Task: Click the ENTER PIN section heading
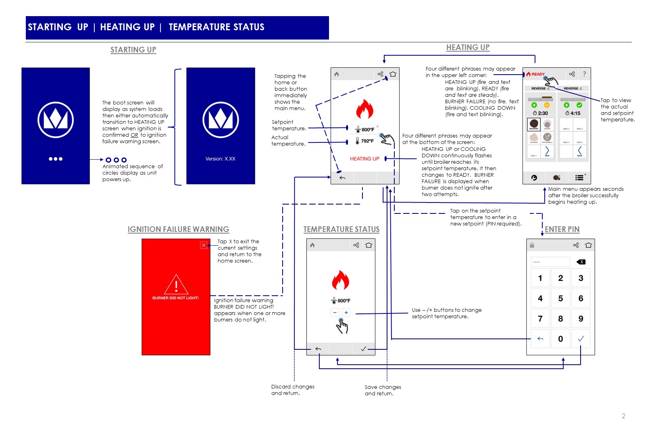click(x=562, y=230)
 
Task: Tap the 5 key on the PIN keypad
click(x=560, y=299)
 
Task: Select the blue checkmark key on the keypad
click(x=581, y=339)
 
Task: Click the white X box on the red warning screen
click(x=204, y=245)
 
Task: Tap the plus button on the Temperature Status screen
click(x=346, y=313)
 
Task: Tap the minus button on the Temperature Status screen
click(x=335, y=313)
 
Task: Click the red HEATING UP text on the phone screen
click(x=364, y=159)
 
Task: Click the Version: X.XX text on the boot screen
click(x=220, y=159)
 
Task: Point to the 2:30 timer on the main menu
click(x=540, y=113)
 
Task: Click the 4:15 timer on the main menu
click(x=573, y=113)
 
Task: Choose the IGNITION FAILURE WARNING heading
click(x=178, y=230)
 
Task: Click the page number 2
click(x=623, y=416)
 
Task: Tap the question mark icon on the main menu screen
click(x=584, y=74)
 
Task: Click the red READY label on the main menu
click(x=537, y=74)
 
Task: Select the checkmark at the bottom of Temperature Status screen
click(x=363, y=349)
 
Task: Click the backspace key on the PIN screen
click(x=581, y=262)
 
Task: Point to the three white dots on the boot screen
click(x=56, y=159)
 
